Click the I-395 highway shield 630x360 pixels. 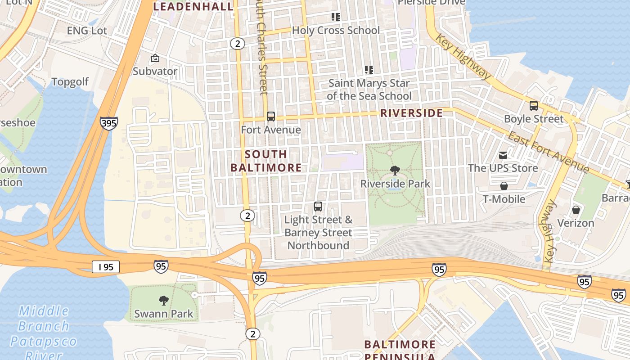(x=109, y=123)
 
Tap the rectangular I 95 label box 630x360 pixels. (x=106, y=267)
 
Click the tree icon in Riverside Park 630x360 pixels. (x=395, y=171)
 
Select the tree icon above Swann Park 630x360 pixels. (x=164, y=301)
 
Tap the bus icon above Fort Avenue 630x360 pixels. (x=270, y=117)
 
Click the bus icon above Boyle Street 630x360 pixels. (x=533, y=106)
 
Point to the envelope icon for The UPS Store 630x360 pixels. (x=503, y=155)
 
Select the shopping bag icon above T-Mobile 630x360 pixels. (x=504, y=186)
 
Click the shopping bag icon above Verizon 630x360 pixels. (x=576, y=210)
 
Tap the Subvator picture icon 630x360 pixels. (x=155, y=58)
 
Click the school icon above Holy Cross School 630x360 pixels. (x=335, y=17)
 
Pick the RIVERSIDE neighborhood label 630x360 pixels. (x=412, y=113)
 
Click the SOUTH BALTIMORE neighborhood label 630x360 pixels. (x=266, y=161)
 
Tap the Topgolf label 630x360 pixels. (x=70, y=82)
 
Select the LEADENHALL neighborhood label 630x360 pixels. (x=194, y=6)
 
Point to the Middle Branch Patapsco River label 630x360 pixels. (x=44, y=333)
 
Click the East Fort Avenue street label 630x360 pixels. (x=548, y=152)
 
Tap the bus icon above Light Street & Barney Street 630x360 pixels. (x=318, y=207)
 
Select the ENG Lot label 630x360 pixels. (x=87, y=31)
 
